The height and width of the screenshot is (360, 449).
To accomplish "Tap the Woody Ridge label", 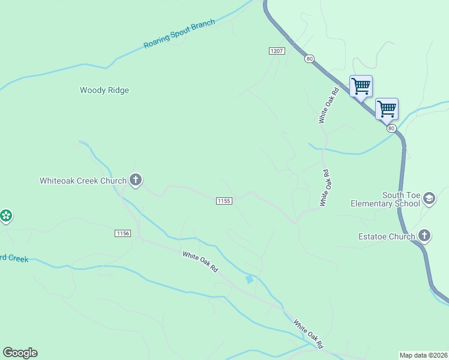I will click(104, 91).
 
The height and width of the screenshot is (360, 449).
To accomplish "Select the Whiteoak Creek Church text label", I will click(83, 181).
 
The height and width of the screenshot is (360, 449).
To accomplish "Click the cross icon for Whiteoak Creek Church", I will click(136, 179).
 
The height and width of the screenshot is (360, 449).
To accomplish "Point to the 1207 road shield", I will click(276, 52).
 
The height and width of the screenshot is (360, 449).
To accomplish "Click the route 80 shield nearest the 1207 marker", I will click(309, 59).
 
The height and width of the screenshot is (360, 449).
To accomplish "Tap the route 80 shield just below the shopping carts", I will click(391, 128).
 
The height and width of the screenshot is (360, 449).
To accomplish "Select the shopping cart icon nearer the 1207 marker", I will click(361, 86).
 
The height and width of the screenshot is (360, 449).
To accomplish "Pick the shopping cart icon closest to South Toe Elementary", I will click(387, 109).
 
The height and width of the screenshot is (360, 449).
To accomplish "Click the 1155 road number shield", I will click(224, 201).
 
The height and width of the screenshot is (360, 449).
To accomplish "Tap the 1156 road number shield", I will click(122, 233).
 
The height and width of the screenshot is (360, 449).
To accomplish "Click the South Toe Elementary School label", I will click(385, 199).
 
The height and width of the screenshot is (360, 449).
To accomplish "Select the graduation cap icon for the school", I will click(429, 198).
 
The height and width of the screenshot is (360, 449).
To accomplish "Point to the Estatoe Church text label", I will click(385, 236).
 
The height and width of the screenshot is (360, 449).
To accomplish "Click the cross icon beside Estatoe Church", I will click(424, 235).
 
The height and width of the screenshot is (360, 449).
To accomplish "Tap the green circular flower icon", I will click(6, 215).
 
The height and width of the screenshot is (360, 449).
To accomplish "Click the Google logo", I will click(20, 353).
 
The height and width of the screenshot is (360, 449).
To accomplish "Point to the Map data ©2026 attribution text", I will click(423, 355).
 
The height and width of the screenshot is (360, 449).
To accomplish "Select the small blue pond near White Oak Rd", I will click(249, 279).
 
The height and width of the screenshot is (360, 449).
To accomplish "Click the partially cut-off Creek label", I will click(14, 259).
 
